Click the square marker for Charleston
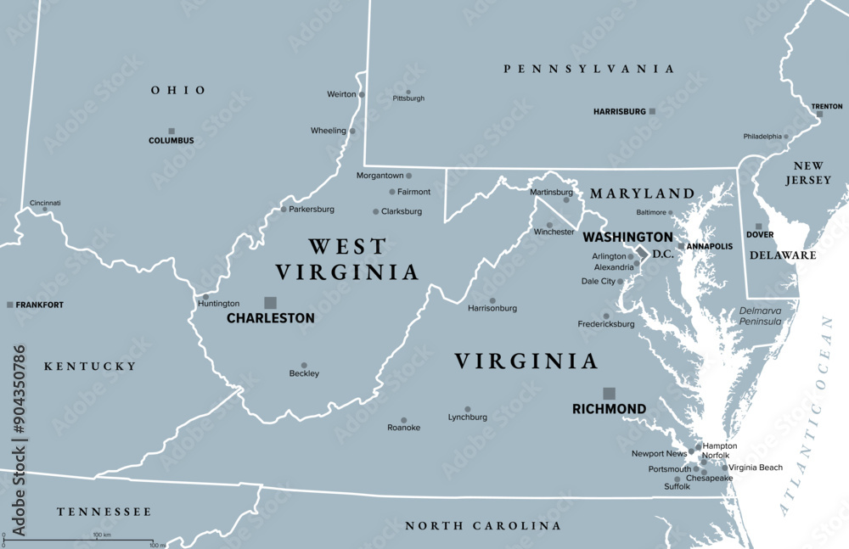[x=270, y=302]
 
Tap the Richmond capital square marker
[x=609, y=393]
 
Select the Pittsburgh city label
[x=408, y=98]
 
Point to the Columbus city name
[x=171, y=141]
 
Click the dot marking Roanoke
[x=403, y=420]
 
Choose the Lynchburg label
[x=468, y=417]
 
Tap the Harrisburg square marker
[x=652, y=111]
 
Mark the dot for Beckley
[x=304, y=365]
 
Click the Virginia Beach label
[x=756, y=468]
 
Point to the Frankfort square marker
[x=10, y=305]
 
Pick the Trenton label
[x=827, y=106]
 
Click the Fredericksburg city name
[x=606, y=324]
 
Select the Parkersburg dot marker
[x=283, y=210]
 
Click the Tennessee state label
[x=104, y=512]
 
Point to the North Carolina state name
[x=482, y=526]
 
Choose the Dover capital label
[x=759, y=235]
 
